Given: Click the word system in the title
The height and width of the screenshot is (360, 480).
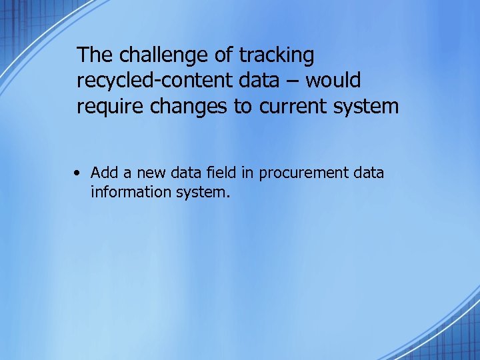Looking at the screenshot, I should pyautogui.click(x=367, y=107).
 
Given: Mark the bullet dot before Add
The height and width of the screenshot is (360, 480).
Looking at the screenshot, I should pyautogui.click(x=79, y=173).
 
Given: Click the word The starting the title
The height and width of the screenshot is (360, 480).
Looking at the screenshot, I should pyautogui.click(x=95, y=55).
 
